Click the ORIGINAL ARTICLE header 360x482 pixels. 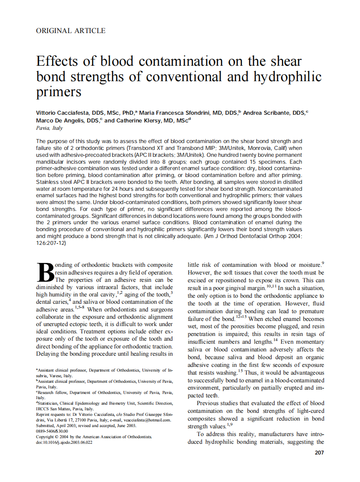click(x=71, y=31)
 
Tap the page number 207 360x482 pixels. click(x=319, y=452)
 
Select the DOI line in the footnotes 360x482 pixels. click(x=64, y=442)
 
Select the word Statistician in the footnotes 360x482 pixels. click(x=50, y=403)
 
